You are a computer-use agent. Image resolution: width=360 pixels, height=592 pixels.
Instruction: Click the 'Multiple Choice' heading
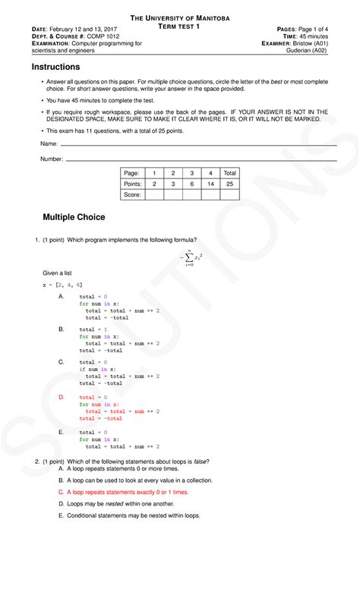(74, 217)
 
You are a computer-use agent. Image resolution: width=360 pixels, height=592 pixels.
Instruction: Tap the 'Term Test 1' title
(180, 27)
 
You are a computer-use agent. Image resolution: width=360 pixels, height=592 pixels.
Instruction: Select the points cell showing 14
(210, 184)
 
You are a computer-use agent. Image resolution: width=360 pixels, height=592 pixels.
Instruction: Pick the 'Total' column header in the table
(229, 173)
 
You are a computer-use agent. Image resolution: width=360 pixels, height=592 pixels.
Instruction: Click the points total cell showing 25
(229, 184)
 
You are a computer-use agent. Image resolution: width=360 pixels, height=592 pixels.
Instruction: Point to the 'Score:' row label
(133, 194)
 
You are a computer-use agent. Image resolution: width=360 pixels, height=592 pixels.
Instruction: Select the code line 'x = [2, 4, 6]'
(62, 284)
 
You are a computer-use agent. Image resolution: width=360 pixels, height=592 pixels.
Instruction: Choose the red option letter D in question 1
(62, 397)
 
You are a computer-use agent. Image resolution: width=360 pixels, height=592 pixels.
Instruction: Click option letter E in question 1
(62, 432)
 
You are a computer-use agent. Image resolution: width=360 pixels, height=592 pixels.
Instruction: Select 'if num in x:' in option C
(98, 370)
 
